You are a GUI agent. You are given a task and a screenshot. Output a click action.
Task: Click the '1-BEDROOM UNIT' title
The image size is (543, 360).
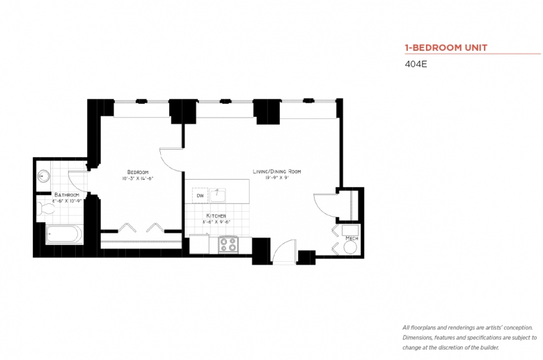click(446, 48)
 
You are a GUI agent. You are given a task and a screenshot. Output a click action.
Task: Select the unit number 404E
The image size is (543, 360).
click(416, 65)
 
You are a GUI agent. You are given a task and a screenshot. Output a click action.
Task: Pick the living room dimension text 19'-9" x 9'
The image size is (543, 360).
click(276, 178)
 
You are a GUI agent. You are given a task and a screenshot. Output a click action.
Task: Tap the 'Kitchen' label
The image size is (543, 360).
click(216, 216)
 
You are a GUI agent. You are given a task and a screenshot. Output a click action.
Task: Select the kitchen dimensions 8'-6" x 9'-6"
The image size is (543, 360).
click(216, 223)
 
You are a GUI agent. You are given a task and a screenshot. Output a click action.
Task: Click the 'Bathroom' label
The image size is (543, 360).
click(68, 195)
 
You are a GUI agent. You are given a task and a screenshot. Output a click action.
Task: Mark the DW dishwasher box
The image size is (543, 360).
click(200, 196)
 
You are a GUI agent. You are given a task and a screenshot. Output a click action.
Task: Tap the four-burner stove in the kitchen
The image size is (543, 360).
click(228, 244)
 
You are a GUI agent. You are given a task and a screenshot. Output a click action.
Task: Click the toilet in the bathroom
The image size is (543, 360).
click(47, 207)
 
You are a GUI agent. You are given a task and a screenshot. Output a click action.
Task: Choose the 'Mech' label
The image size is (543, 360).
click(352, 238)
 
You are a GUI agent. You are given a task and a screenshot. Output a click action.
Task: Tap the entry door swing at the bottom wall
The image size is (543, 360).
click(284, 252)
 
